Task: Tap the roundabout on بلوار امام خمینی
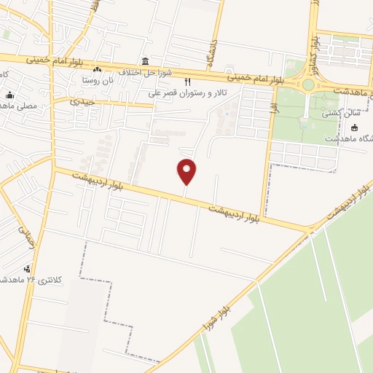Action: (308, 85)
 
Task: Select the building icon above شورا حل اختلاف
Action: (146, 61)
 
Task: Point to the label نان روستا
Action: (98, 79)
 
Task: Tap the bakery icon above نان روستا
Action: (96, 69)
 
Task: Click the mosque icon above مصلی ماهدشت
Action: (9, 95)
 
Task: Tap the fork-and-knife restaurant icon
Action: (187, 82)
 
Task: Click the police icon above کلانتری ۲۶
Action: (28, 269)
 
